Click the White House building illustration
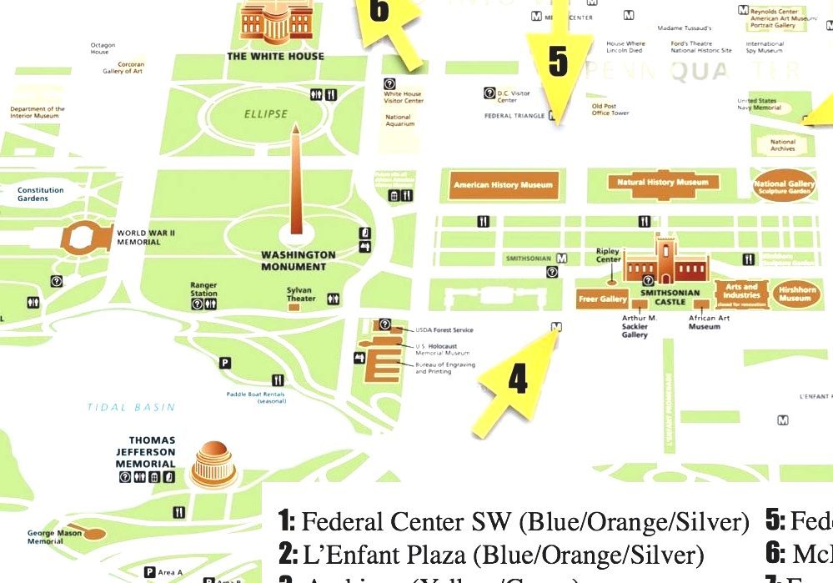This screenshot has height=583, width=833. click(275, 23)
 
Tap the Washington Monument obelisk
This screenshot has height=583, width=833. click(295, 183)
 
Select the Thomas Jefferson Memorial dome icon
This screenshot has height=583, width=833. click(214, 465)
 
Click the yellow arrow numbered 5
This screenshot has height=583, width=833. click(558, 63)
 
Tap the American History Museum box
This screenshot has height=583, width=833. click(503, 184)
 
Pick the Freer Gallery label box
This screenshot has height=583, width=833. click(602, 299)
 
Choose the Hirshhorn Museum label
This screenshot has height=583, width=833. click(795, 294)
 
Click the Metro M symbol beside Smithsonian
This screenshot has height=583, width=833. click(562, 259)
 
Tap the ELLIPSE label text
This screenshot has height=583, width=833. click(265, 114)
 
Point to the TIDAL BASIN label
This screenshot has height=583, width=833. click(131, 408)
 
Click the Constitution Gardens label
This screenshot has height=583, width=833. click(41, 194)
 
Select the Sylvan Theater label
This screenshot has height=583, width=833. click(301, 294)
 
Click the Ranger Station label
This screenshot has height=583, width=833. click(203, 289)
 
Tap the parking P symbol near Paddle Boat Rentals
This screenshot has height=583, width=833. click(224, 362)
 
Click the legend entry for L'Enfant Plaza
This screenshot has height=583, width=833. click(492, 554)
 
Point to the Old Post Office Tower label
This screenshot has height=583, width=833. click(610, 109)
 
